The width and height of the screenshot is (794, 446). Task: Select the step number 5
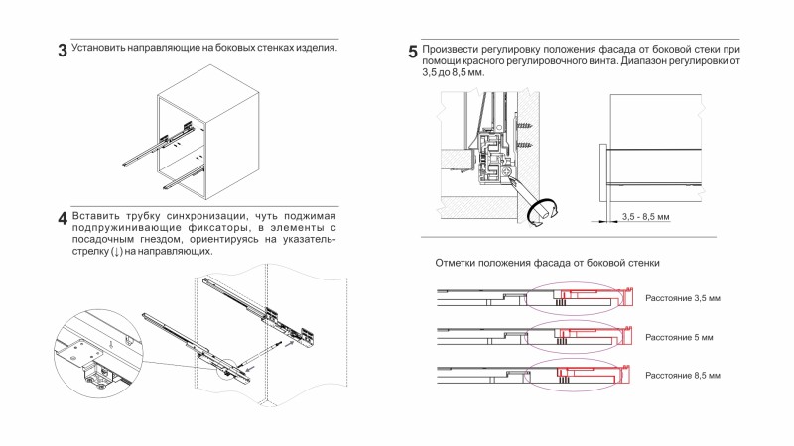click(413, 52)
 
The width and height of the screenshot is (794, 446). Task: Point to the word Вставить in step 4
click(98, 215)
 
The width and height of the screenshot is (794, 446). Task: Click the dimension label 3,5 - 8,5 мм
click(646, 216)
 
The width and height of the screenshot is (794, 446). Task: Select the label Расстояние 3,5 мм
click(682, 298)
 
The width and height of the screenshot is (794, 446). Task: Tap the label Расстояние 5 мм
click(679, 337)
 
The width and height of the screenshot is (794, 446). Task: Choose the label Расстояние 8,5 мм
click(682, 376)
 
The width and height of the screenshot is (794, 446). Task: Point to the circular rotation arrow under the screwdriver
click(541, 211)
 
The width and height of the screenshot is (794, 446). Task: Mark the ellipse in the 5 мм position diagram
click(575, 336)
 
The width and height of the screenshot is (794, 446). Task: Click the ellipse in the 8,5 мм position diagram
click(575, 374)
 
